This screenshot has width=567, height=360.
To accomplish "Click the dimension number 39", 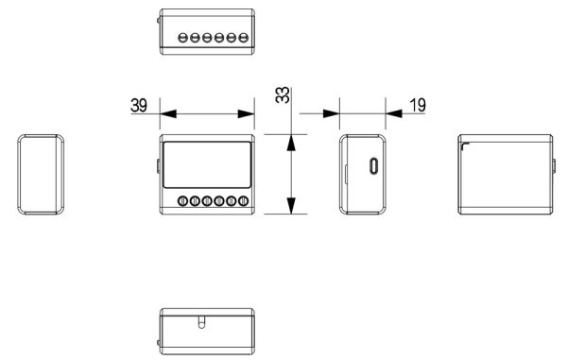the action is (138, 105).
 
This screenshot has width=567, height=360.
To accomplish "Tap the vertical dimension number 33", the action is (282, 97).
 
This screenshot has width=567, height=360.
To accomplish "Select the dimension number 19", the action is (417, 105).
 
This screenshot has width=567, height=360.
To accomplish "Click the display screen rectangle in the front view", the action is (208, 165).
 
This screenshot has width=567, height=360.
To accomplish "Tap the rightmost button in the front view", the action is (243, 201).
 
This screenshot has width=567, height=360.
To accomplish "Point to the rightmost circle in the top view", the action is (244, 38).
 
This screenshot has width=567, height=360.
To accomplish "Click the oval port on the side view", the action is (375, 167).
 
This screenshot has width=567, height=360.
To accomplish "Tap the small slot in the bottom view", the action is (199, 322).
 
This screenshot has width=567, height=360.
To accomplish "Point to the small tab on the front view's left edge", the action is (158, 167).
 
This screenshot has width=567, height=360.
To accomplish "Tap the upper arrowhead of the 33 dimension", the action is (292, 143).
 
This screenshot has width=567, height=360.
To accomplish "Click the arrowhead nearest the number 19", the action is (390, 113).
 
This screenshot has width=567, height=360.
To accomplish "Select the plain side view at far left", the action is (42, 174).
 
